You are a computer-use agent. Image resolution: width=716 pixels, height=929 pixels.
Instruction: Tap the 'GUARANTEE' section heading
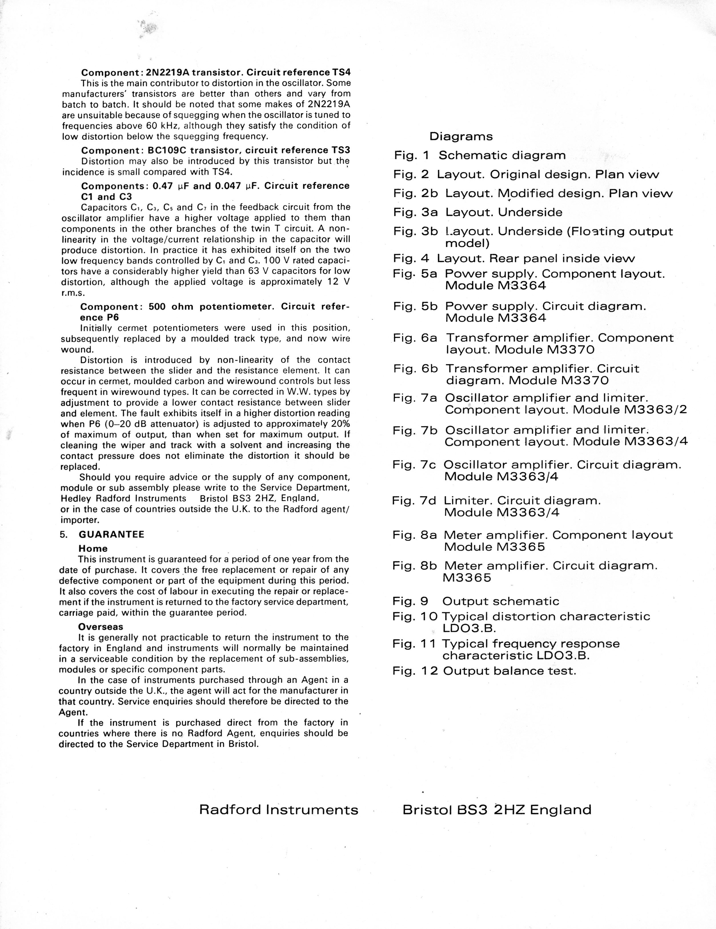[x=111, y=534]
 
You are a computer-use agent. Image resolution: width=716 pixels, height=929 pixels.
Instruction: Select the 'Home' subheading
[x=93, y=549]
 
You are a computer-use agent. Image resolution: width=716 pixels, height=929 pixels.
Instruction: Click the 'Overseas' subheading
[x=101, y=627]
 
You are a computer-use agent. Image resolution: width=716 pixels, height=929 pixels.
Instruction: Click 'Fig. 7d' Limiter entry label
[x=414, y=501]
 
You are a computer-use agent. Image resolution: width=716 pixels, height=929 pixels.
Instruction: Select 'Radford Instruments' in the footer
[x=279, y=809]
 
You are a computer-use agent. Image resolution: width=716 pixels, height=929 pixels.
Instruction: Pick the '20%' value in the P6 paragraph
[x=340, y=424]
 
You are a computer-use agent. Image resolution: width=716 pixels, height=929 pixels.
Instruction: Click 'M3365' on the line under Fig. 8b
[x=467, y=578]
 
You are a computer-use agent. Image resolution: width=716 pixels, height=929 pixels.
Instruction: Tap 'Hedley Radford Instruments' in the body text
[x=123, y=498]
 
